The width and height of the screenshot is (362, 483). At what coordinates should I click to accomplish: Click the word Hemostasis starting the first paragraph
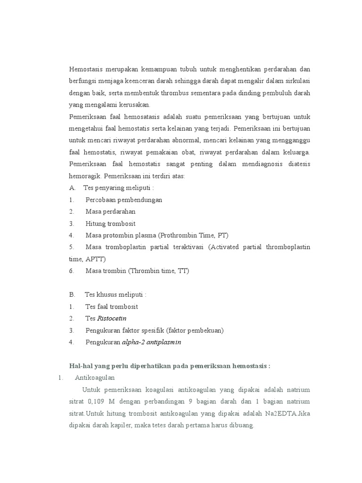tap(86, 69)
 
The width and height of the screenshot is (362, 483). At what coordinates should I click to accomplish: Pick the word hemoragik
tap(85, 175)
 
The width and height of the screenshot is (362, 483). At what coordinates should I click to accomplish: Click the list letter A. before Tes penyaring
tap(73, 188)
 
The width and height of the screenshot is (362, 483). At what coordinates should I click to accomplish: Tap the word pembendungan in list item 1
tap(140, 200)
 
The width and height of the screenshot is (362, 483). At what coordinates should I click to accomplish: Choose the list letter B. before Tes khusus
tap(73, 294)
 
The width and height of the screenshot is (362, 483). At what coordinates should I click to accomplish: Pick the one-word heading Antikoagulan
tap(95, 378)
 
